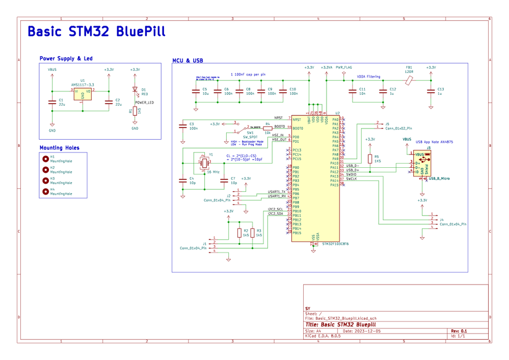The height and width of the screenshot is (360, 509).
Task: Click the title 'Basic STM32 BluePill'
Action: [96, 31]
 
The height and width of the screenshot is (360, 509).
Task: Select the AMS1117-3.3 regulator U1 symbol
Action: [82, 94]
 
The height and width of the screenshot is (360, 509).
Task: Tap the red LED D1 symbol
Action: [135, 90]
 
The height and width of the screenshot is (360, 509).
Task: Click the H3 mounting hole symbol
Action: [46, 181]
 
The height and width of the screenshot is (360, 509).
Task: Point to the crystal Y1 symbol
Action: [204, 163]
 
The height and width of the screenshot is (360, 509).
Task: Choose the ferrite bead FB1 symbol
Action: [409, 80]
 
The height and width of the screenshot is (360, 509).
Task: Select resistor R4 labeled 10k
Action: [267, 128]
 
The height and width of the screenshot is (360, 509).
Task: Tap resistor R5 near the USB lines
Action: [370, 159]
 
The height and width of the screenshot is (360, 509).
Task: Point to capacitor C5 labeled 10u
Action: [196, 91]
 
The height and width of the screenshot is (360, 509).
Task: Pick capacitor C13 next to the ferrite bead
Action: [431, 91]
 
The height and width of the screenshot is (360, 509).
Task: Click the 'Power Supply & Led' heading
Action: [66, 59]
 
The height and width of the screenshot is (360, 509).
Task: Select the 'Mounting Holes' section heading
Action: [60, 148]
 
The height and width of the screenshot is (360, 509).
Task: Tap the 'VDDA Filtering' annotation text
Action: [368, 76]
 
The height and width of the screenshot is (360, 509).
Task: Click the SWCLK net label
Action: [352, 179]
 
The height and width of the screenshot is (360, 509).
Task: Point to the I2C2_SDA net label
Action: [275, 214]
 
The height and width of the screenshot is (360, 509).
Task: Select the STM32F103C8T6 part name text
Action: [335, 244]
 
